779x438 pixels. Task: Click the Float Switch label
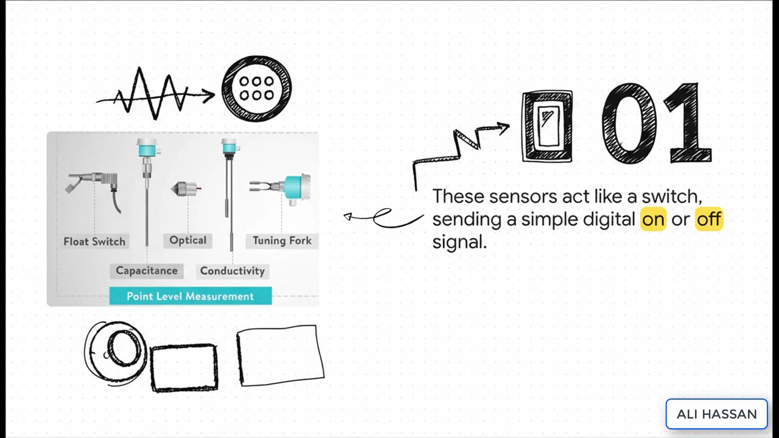click(x=94, y=242)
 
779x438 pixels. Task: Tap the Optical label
click(x=188, y=240)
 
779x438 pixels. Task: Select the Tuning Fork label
click(x=282, y=240)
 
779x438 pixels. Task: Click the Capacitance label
click(x=147, y=271)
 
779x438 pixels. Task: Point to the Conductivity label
click(x=232, y=271)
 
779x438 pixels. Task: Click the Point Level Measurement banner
click(x=190, y=296)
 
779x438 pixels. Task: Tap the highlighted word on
click(x=653, y=219)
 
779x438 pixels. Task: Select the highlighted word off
click(x=709, y=219)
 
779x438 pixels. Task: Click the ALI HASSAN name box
click(x=717, y=414)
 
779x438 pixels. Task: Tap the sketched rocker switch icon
click(x=547, y=126)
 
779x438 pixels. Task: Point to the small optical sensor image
click(x=186, y=189)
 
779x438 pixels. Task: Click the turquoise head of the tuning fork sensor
click(x=298, y=188)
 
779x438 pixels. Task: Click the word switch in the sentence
click(x=672, y=196)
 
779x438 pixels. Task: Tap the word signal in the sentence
click(x=459, y=242)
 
